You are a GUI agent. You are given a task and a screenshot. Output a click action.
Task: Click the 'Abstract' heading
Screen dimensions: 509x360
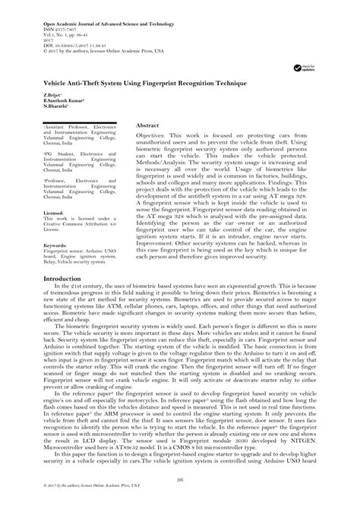pyautogui.click(x=148, y=123)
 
